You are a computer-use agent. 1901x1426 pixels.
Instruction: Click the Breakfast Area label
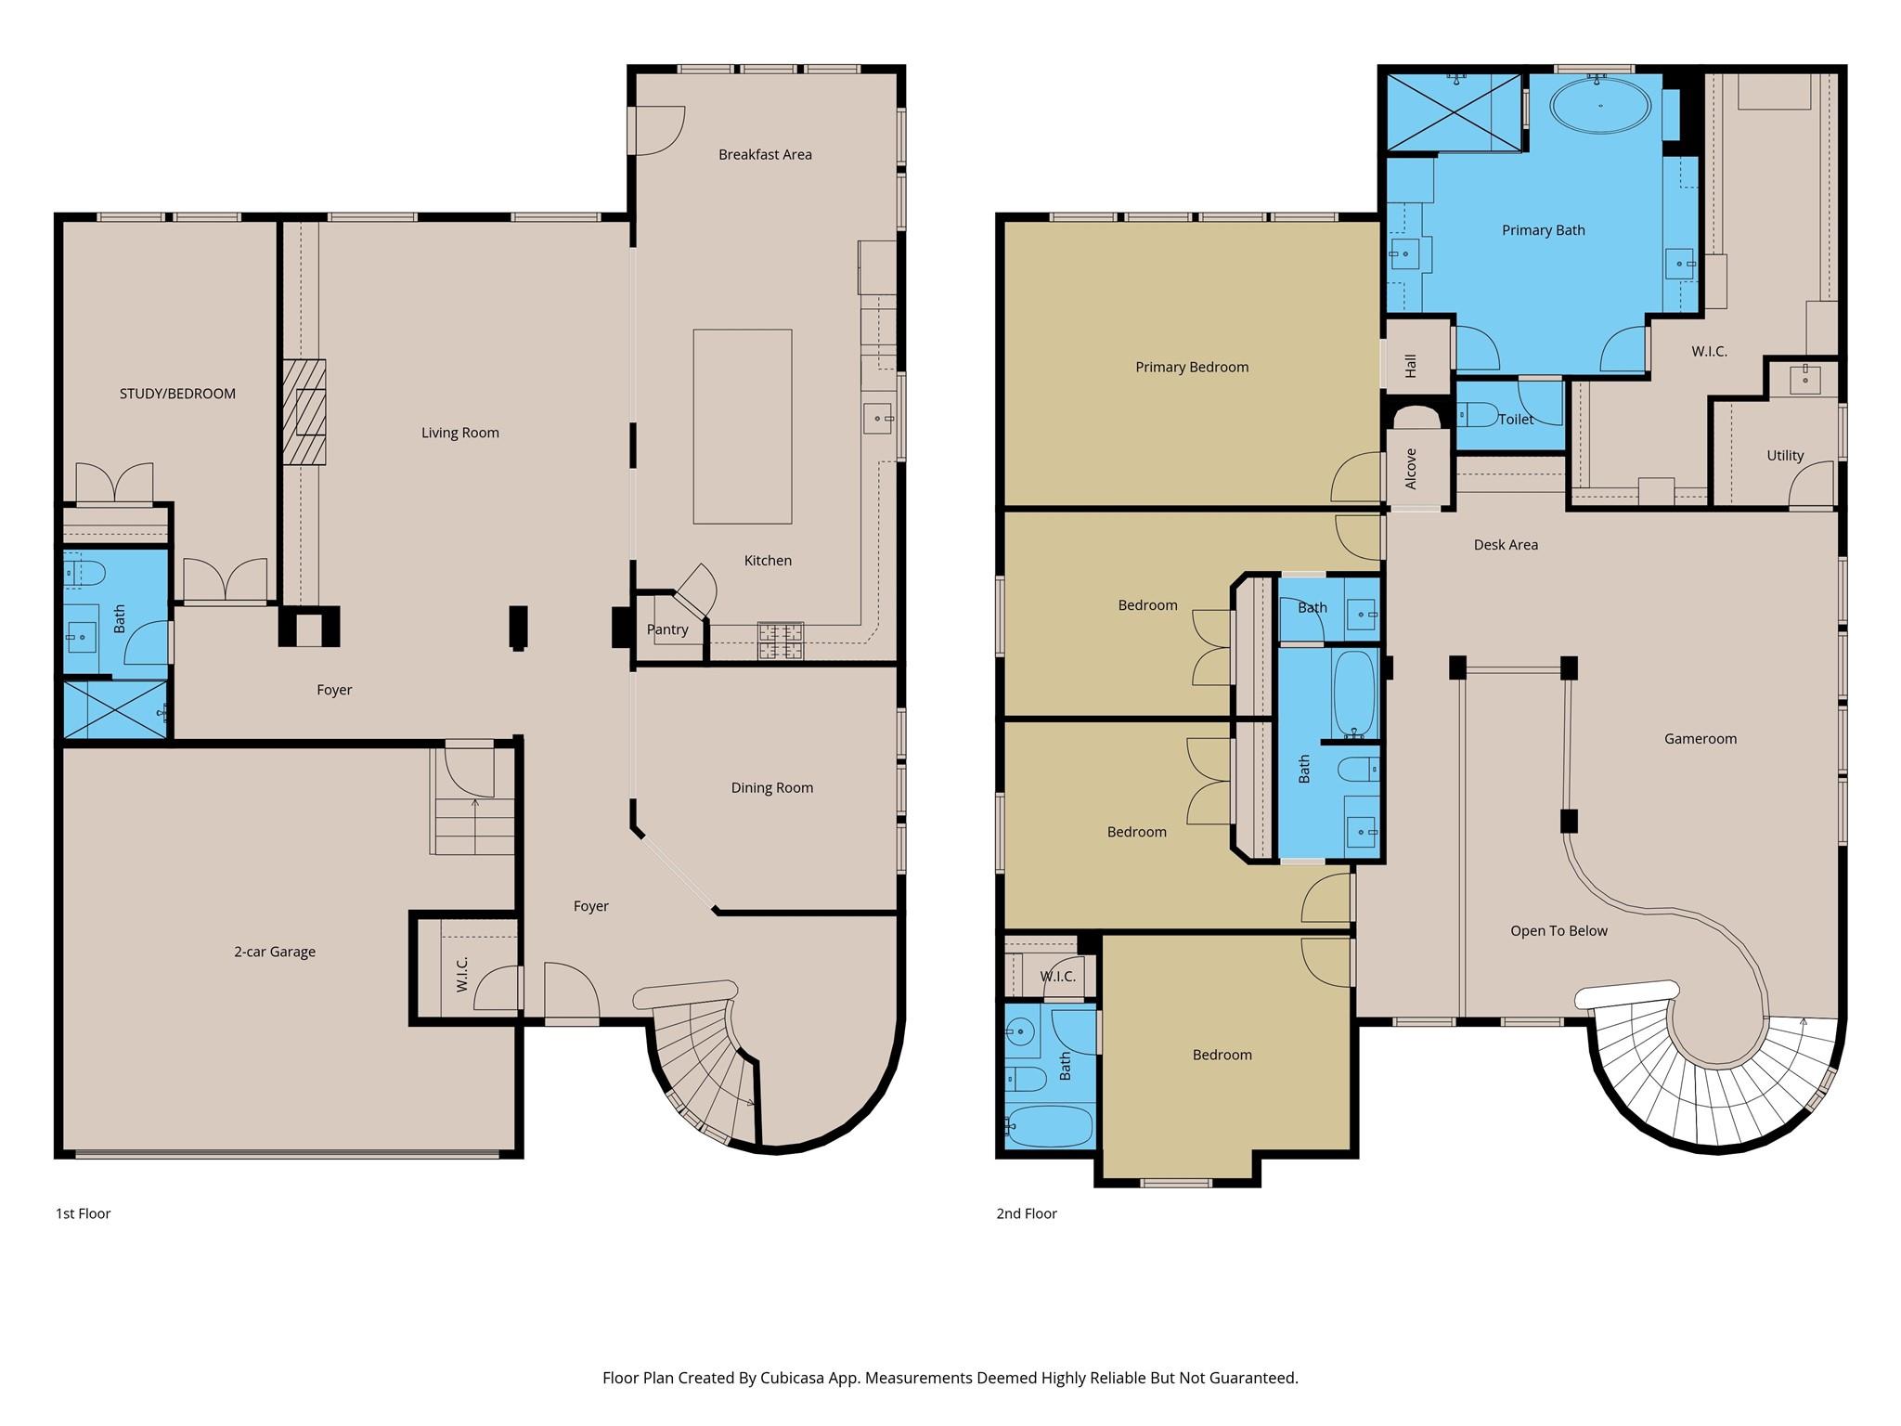tap(765, 155)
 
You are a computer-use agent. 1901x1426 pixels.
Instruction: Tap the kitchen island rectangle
tap(742, 426)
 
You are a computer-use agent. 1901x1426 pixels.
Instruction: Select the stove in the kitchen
tap(780, 641)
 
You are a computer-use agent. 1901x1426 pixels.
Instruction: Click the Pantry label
tap(667, 629)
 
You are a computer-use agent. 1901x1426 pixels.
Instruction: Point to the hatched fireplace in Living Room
tap(304, 411)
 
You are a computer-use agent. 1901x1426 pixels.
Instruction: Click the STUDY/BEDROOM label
tap(177, 394)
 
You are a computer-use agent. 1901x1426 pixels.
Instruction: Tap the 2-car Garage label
tap(275, 952)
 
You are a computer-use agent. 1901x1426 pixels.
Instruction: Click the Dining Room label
tap(771, 788)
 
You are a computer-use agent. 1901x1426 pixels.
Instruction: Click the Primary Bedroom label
tap(1192, 368)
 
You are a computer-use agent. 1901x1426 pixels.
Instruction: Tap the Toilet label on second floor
tap(1516, 420)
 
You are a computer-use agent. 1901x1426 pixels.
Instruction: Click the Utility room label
tap(1785, 456)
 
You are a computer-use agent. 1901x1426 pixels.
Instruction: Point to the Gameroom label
tap(1700, 739)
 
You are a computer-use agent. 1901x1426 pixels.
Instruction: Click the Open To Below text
tap(1558, 931)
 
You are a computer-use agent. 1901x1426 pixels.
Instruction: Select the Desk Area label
tap(1506, 545)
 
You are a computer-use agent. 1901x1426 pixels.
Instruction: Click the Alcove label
tap(1411, 469)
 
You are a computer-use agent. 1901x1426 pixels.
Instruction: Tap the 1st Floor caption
tap(83, 1213)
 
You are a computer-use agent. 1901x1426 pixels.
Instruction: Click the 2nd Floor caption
tap(1027, 1213)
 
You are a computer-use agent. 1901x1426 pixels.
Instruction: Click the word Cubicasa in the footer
tap(795, 1378)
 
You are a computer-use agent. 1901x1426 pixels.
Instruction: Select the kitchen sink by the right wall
tap(877, 419)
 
